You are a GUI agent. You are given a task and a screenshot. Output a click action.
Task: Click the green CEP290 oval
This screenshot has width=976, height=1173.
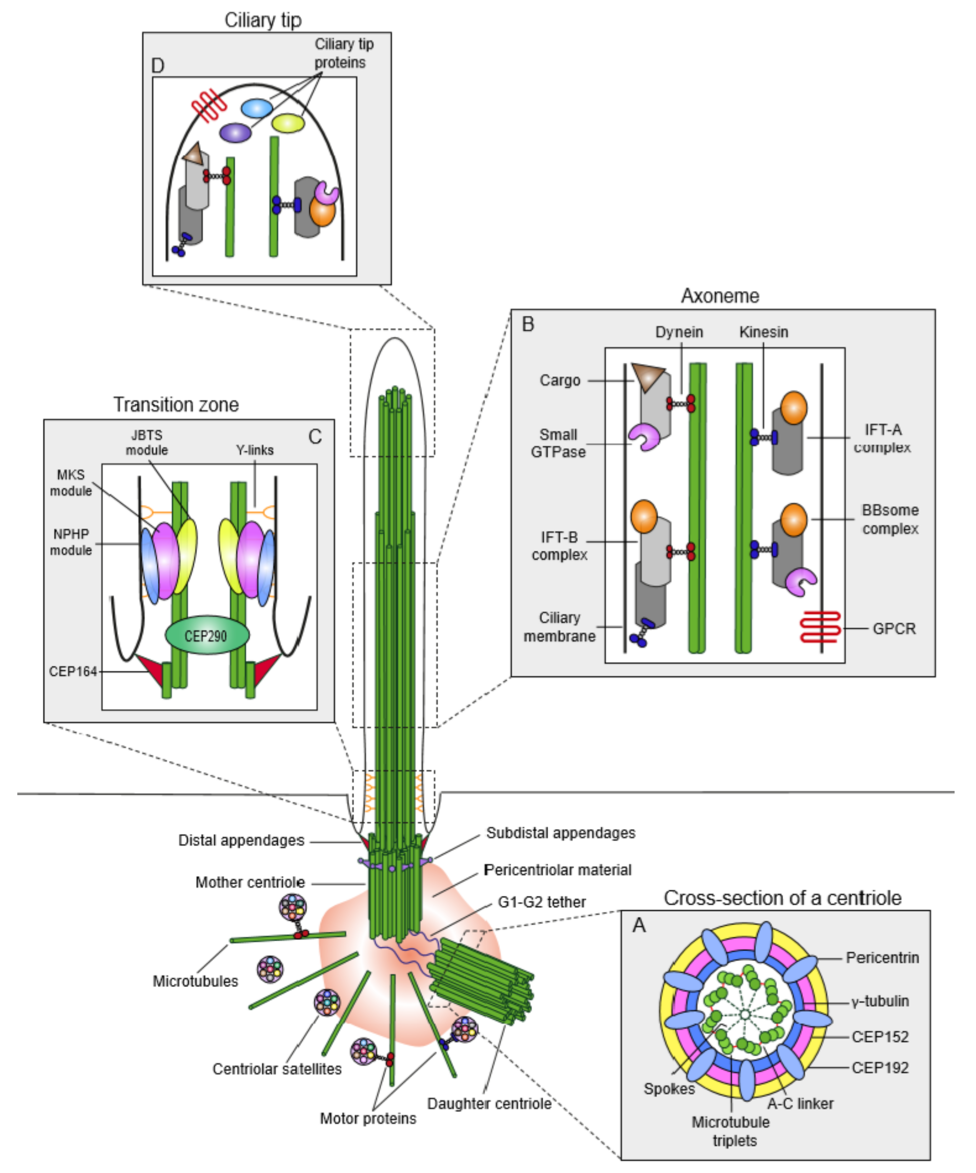tap(207, 636)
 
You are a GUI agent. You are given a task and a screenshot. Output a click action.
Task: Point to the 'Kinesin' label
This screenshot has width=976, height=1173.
tap(763, 332)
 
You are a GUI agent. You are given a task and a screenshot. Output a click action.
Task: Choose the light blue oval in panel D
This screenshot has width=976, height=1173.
tap(256, 108)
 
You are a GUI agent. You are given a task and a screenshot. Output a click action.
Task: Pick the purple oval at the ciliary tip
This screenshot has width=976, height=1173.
tap(235, 132)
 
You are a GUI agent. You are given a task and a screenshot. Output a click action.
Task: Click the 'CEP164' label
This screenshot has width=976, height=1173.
tap(72, 671)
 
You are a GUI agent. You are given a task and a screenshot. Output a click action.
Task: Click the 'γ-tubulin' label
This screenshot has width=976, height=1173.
tap(880, 1001)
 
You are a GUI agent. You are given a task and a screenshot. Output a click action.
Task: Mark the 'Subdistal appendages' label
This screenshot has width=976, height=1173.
tap(560, 833)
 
